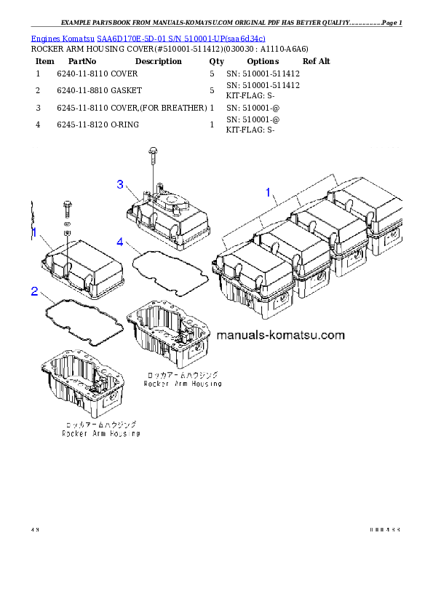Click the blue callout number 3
(x=121, y=184)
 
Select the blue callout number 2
(x=34, y=292)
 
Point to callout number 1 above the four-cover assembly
(x=268, y=193)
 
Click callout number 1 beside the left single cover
(x=33, y=232)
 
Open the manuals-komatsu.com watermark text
(x=280, y=336)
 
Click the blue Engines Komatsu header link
(x=148, y=37)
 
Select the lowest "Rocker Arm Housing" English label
(x=101, y=433)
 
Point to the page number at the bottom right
(x=385, y=529)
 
